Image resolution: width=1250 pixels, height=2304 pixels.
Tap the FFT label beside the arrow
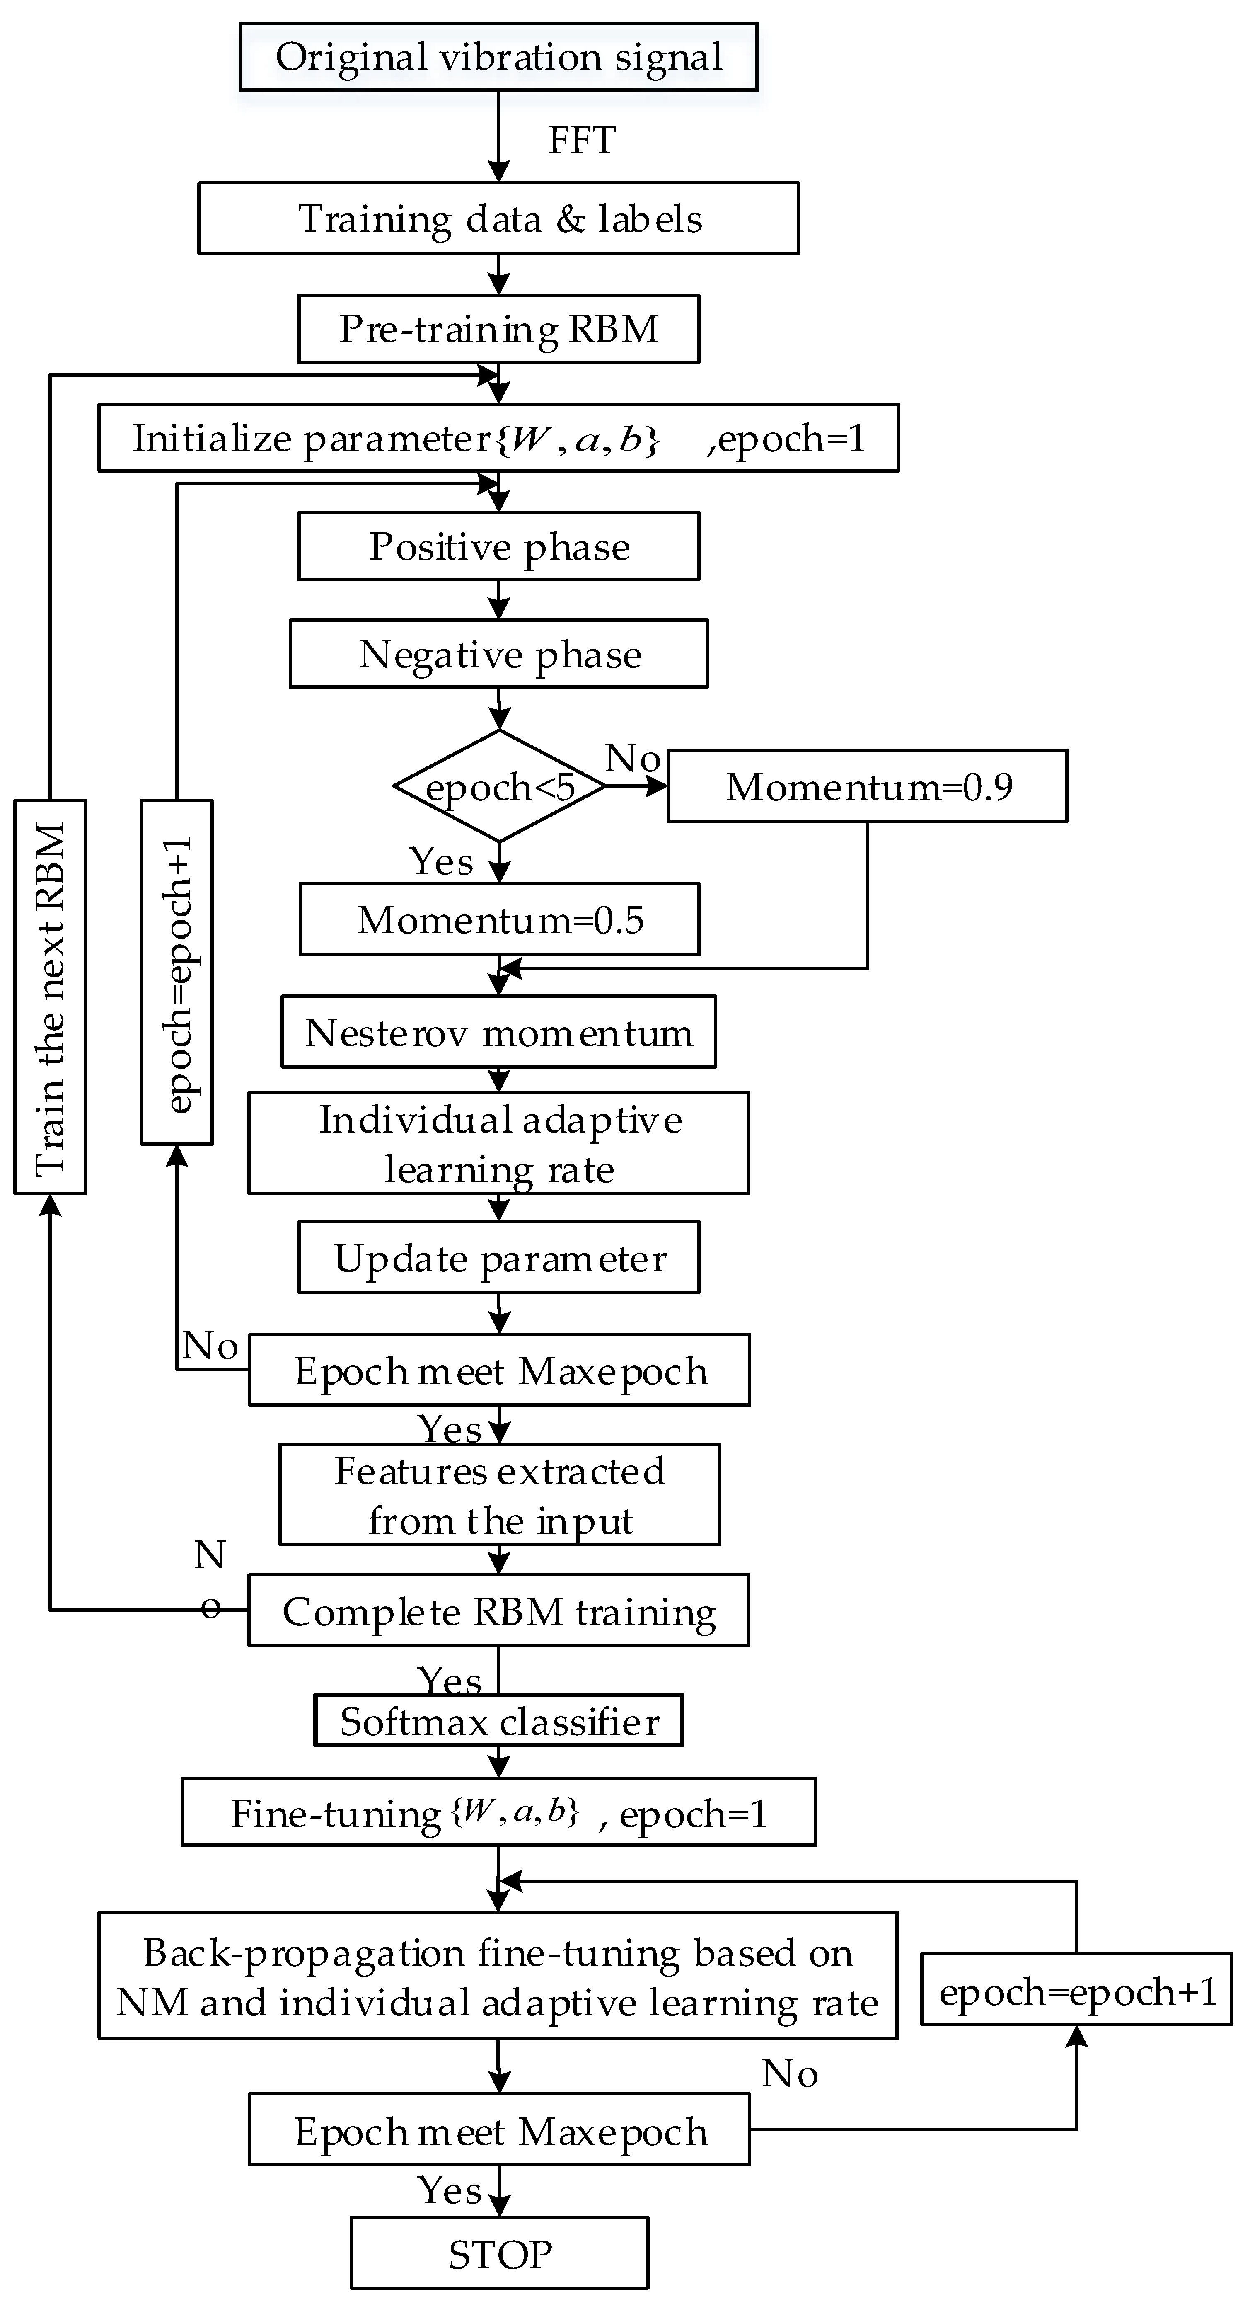[581, 141]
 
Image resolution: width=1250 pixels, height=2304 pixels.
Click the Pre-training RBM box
[498, 329]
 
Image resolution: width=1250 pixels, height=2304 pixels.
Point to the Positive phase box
[498, 546]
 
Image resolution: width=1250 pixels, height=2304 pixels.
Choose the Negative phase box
[498, 654]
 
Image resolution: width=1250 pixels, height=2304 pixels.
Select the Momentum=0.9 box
[867, 786]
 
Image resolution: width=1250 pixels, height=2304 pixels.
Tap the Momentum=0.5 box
[499, 919]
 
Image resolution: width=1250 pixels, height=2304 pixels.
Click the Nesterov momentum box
[498, 1032]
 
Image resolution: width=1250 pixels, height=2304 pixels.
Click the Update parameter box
[498, 1258]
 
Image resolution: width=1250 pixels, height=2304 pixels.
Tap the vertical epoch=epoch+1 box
[177, 972]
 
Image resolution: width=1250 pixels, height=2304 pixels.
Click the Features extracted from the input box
[499, 1494]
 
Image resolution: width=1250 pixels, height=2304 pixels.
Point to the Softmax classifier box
[498, 1720]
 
